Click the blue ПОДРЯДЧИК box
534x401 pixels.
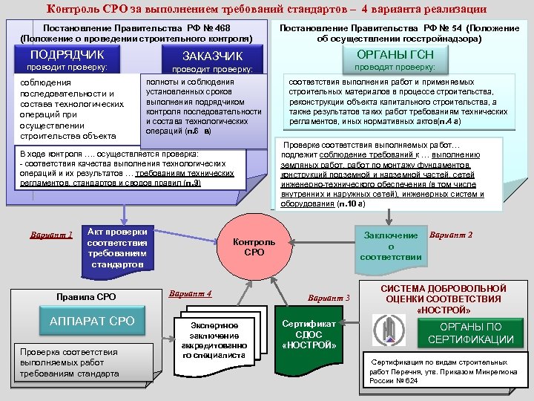tap(66, 55)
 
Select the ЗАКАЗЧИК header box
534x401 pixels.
tap(212, 56)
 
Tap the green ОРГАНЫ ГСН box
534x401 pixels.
tap(395, 56)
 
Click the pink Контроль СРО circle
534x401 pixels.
tap(254, 247)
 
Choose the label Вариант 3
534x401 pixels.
tap(329, 298)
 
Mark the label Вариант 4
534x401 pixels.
tap(191, 293)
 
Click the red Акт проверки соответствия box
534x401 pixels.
tap(116, 247)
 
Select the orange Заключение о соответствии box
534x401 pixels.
tap(391, 246)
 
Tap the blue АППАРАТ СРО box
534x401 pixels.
tap(92, 321)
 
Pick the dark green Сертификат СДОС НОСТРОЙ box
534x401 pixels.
tap(309, 335)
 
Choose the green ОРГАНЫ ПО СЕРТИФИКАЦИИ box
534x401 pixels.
tap(470, 332)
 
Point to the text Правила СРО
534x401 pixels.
tap(86, 298)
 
